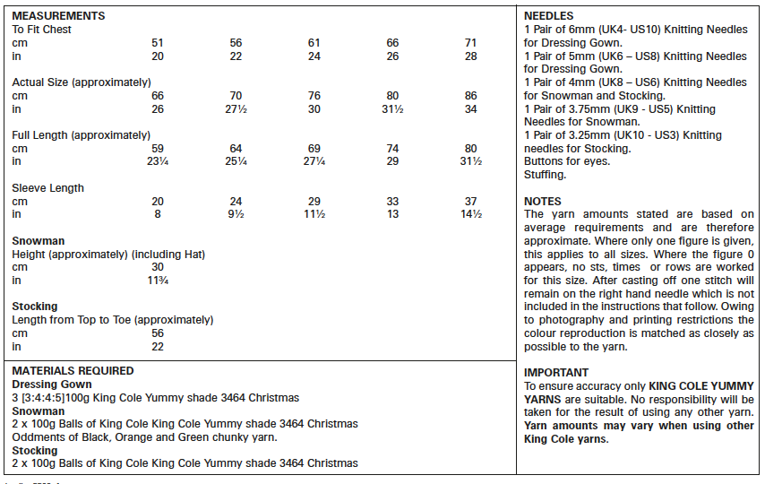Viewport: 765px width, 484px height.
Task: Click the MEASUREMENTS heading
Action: tap(58, 16)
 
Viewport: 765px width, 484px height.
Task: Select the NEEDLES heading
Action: tap(548, 16)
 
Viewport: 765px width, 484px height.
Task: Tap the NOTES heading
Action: tap(543, 202)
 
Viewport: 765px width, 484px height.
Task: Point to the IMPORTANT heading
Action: tap(556, 373)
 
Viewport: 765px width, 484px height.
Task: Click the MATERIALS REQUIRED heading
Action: tap(73, 371)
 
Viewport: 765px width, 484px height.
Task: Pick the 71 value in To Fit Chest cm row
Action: tap(471, 43)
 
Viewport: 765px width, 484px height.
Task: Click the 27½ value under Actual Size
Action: tap(236, 109)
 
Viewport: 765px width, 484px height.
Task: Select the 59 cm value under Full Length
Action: tap(158, 149)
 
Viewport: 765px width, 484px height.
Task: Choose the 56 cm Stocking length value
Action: tap(158, 333)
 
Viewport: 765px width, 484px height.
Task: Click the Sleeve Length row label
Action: tap(47, 188)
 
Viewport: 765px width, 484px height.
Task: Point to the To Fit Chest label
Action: tap(41, 30)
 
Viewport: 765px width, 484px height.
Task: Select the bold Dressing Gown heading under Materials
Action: tap(52, 385)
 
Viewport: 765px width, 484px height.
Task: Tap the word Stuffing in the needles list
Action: tap(545, 175)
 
